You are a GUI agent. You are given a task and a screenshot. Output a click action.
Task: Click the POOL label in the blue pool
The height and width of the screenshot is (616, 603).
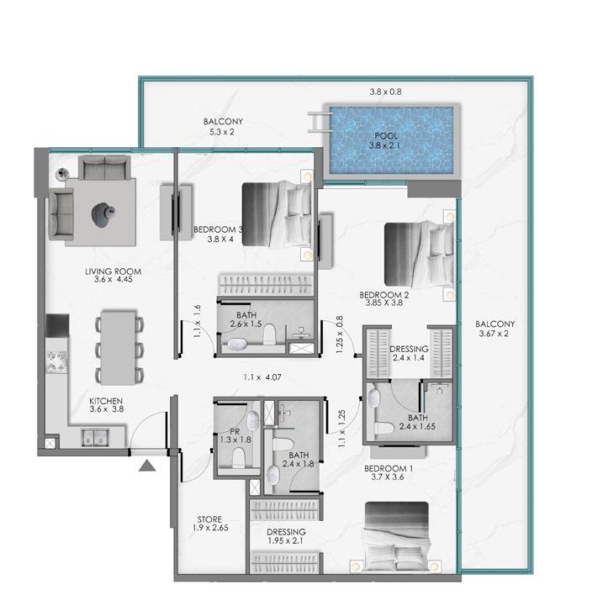pos(386,136)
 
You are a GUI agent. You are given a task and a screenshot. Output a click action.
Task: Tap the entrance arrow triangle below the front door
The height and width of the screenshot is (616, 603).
pos(147,466)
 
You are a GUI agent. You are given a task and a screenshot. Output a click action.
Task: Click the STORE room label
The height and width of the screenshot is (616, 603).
pos(209,519)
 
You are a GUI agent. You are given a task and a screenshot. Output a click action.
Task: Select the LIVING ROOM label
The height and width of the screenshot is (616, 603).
pos(114,271)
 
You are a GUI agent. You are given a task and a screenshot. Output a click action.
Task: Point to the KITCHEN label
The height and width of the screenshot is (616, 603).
pos(106,401)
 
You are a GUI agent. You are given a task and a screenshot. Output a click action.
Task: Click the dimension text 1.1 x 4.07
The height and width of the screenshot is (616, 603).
pos(262,377)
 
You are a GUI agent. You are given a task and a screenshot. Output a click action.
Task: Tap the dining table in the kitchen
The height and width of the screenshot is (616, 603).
pos(119,348)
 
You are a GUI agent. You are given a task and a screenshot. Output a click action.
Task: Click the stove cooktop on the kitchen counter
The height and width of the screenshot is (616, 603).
pos(57,361)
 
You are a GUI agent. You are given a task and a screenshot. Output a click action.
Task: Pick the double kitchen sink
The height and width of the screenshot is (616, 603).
pos(95,438)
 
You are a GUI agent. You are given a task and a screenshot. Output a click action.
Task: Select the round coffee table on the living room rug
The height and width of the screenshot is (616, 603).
pos(103,213)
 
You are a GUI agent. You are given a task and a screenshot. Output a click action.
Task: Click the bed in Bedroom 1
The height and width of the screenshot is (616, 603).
pos(396,537)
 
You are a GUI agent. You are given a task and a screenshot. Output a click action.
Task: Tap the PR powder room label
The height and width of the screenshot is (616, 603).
pos(235,432)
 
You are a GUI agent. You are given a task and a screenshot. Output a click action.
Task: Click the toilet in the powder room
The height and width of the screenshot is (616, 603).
pos(238,458)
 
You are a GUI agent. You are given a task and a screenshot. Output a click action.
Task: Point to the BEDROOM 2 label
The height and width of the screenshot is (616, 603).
pos(384,295)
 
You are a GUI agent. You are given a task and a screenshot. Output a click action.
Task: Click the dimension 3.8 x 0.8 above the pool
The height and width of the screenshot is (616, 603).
pos(385,92)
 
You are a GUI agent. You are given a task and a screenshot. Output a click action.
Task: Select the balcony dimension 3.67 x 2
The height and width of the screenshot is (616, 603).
pos(494,334)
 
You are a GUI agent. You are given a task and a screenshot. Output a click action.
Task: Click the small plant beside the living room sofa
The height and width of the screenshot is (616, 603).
pos(62,172)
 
